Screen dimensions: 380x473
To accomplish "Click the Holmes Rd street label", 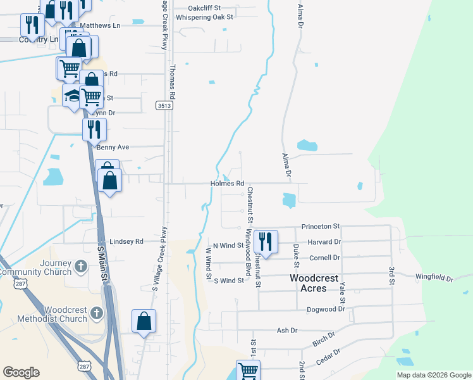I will (x=228, y=184).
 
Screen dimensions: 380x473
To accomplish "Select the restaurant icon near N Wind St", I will (x=267, y=241).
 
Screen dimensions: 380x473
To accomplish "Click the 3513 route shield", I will (x=165, y=106).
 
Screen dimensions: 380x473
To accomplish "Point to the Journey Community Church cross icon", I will (x=81, y=267).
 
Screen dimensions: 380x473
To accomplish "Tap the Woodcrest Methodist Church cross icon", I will (x=96, y=313).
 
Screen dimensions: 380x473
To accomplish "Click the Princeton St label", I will (x=321, y=226).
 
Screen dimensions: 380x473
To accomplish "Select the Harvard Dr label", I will (x=325, y=242).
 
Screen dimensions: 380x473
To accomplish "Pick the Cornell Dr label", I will (x=325, y=258).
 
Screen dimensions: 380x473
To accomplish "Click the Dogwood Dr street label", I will (x=324, y=309).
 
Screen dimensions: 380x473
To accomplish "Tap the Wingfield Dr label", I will (x=434, y=277).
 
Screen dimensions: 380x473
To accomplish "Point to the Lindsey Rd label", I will (x=126, y=241).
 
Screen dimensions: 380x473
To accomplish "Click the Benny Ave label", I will (x=113, y=147).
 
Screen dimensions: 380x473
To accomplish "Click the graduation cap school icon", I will (x=72, y=96).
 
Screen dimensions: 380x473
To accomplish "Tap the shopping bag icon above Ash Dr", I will (x=144, y=320).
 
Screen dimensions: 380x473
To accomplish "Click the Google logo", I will (x=21, y=372).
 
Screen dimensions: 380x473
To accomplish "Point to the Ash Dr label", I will (x=286, y=330).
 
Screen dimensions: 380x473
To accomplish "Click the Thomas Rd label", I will (x=171, y=80).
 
